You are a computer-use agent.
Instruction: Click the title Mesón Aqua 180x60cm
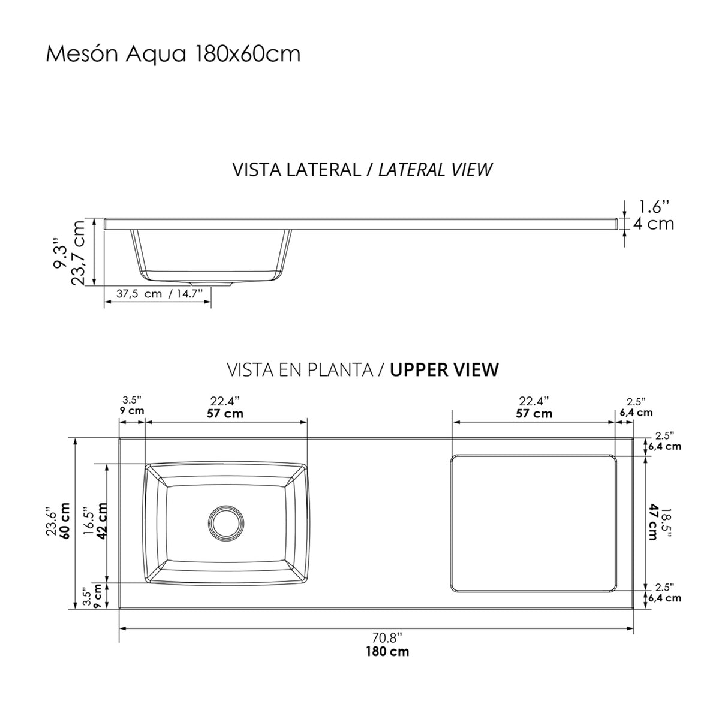pyautogui.click(x=173, y=55)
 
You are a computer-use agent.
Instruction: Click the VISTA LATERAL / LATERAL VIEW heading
pyautogui.click(x=362, y=170)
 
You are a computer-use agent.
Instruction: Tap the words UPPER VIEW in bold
pyautogui.click(x=444, y=369)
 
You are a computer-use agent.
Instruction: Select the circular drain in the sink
pyautogui.click(x=226, y=522)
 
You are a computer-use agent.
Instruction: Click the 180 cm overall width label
pyautogui.click(x=387, y=651)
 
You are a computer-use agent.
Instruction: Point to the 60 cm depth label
pyautogui.click(x=64, y=521)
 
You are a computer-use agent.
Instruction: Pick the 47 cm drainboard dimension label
pyautogui.click(x=653, y=522)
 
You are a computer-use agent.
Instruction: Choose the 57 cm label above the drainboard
pyautogui.click(x=534, y=413)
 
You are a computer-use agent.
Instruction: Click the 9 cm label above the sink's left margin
pyautogui.click(x=132, y=411)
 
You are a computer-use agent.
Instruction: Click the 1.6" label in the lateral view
pyautogui.click(x=654, y=207)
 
